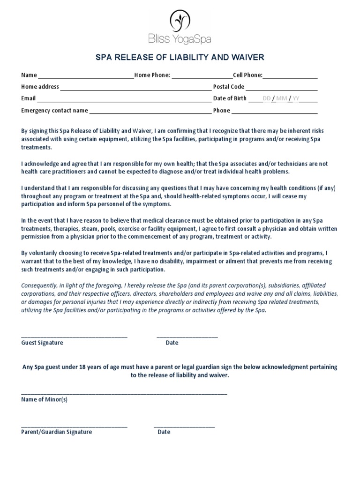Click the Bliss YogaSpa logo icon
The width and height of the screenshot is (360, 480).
[180, 21]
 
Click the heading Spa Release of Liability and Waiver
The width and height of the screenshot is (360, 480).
[180, 58]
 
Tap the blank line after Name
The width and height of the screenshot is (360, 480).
[86, 76]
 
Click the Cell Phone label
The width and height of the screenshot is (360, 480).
[247, 75]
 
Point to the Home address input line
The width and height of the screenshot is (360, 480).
[135, 88]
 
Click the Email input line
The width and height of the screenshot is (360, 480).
[124, 100]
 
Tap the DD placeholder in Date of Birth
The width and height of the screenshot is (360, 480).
[267, 98]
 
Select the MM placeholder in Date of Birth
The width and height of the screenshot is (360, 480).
[282, 98]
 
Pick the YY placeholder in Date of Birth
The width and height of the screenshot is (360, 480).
[296, 98]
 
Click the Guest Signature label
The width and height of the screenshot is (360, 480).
[42, 343]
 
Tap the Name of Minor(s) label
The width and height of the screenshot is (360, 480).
[45, 400]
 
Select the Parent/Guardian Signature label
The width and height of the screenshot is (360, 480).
[57, 432]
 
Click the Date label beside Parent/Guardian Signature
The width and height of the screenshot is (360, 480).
[164, 432]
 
